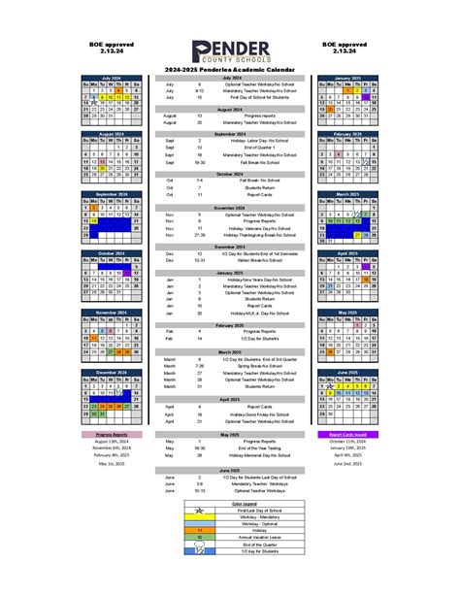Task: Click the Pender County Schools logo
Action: tap(229, 53)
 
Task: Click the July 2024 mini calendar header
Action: tap(111, 77)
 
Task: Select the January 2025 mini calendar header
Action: tap(346, 77)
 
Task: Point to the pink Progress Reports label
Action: tap(111, 434)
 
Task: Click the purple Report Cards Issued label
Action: tap(346, 434)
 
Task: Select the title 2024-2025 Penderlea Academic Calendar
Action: tap(230, 70)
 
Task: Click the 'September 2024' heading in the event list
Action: tap(230, 133)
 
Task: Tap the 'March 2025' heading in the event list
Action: tap(230, 351)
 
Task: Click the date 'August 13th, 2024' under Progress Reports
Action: tap(111, 441)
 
